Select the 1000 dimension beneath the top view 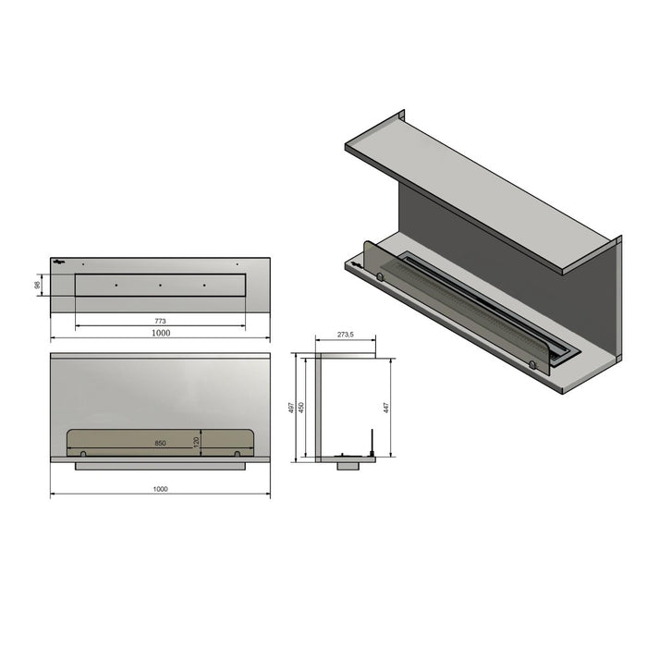(x=160, y=332)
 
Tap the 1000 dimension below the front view (x=160, y=489)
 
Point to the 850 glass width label (x=160, y=444)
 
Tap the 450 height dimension (x=301, y=408)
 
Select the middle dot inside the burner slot (x=160, y=285)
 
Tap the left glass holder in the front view (x=84, y=453)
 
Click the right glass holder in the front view (x=238, y=453)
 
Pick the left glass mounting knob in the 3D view (x=380, y=275)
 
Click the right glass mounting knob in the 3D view (x=531, y=364)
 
